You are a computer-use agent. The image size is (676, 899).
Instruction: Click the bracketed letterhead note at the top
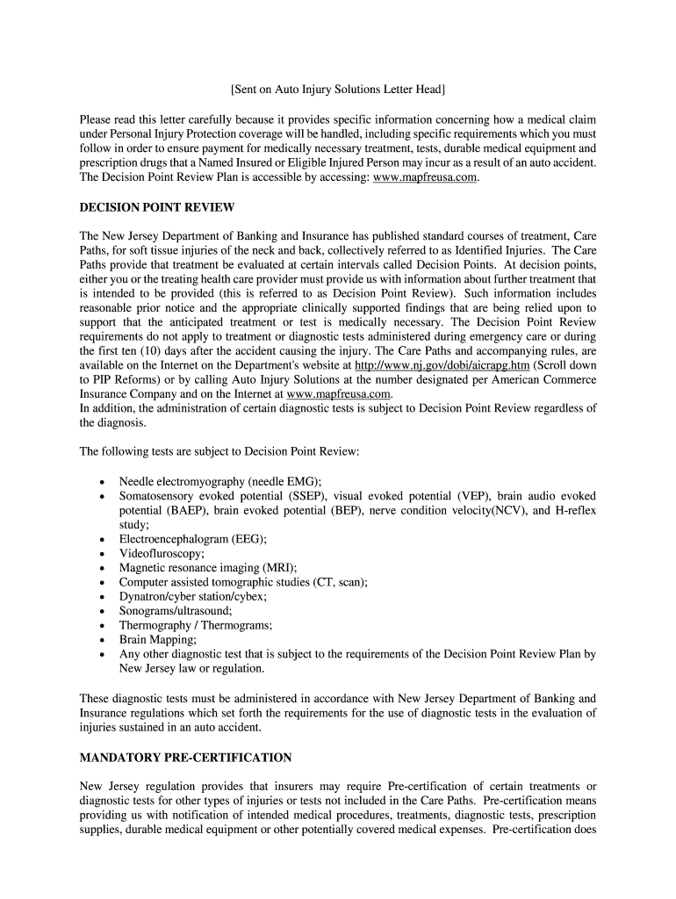[338, 90]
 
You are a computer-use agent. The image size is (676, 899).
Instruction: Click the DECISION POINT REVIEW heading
[157, 207]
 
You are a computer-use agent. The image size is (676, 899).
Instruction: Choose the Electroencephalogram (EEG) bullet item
[193, 538]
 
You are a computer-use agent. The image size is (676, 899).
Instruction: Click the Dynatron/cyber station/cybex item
[193, 596]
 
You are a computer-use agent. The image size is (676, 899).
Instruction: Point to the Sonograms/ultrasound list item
[176, 610]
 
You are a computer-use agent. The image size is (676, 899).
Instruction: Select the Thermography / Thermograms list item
[196, 625]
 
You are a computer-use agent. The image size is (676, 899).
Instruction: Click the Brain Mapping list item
[158, 639]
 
